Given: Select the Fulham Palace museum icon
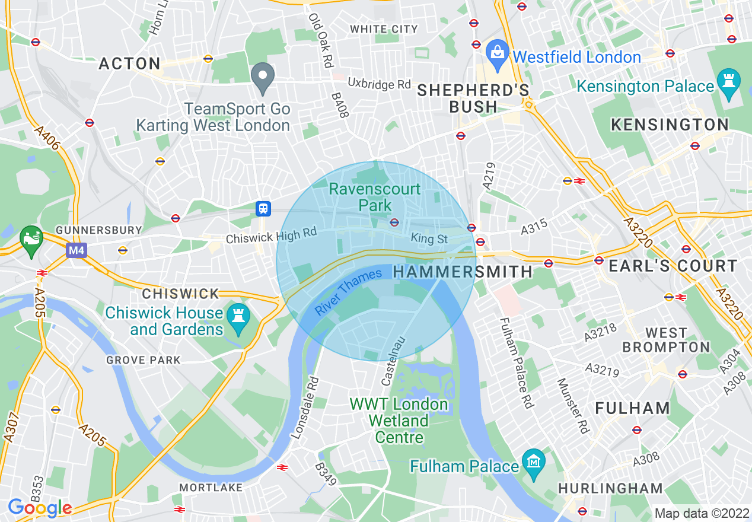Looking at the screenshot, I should [x=534, y=460].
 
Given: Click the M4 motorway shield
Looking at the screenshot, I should [x=76, y=250].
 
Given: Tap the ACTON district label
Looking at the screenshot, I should [x=130, y=63].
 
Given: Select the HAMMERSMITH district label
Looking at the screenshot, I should [x=463, y=272].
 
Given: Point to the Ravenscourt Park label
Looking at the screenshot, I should [x=375, y=198].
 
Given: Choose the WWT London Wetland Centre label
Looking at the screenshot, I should [x=399, y=421].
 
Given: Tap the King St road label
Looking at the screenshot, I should [x=429, y=238].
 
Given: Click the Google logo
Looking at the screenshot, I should [x=39, y=508].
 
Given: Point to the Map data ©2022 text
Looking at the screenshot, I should [x=701, y=513].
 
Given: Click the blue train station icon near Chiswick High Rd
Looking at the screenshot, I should [x=263, y=208].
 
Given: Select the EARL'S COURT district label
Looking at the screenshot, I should [x=673, y=266].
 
